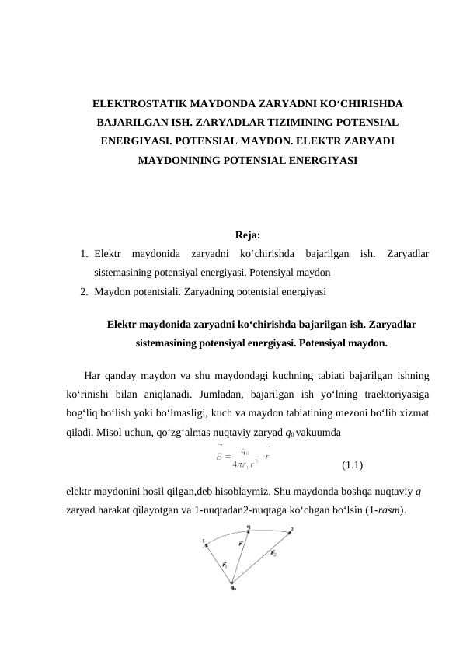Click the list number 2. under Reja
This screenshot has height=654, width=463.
point(83,292)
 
